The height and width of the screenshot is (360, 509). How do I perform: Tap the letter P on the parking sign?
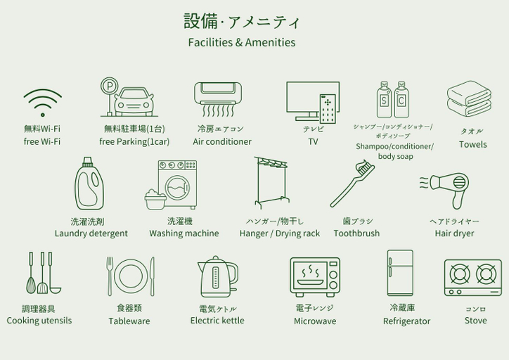pos(110,86)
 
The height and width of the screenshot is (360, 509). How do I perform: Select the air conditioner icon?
pos(218,99)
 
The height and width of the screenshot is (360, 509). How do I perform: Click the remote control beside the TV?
pos(328,109)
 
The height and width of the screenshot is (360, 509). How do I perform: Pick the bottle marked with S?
pos(384,100)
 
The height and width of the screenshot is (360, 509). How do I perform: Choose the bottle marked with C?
pos(401,100)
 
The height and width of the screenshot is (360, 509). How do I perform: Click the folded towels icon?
pos(469,98)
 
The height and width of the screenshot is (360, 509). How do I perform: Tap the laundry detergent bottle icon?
pos(89,184)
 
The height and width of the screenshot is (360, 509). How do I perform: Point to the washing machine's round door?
pos(177,187)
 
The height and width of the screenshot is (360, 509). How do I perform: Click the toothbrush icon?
pos(352,184)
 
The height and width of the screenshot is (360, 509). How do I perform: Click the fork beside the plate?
pos(110,276)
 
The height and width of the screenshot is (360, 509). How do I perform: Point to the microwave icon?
pos(315,276)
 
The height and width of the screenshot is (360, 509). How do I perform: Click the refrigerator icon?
pos(400,273)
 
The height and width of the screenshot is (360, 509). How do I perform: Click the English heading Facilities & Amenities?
pos(242,42)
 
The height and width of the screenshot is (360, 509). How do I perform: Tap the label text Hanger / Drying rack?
pos(280,233)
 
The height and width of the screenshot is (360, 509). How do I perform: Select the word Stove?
pos(475,321)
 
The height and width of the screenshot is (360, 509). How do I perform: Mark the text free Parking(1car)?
pos(134,142)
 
